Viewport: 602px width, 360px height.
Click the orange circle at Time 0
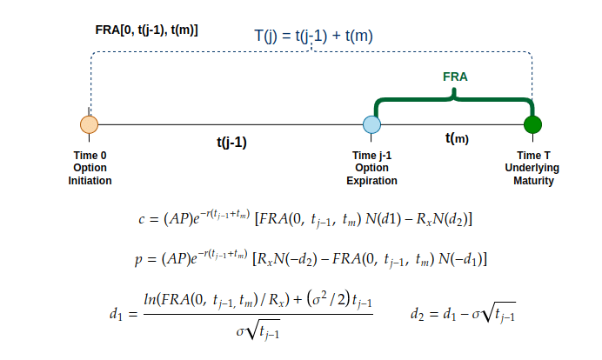(89, 124)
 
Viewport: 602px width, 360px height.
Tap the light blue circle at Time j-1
(372, 124)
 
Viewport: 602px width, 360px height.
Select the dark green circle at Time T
(532, 124)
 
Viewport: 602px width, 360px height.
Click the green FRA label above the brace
(455, 77)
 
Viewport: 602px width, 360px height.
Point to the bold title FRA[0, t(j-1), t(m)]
(146, 30)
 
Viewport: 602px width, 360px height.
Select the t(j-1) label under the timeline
(231, 143)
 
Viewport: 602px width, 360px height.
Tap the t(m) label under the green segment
(456, 138)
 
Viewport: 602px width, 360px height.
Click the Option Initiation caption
(90, 175)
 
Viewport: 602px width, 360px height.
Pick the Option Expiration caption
(373, 175)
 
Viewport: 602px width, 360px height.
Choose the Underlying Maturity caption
(532, 175)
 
